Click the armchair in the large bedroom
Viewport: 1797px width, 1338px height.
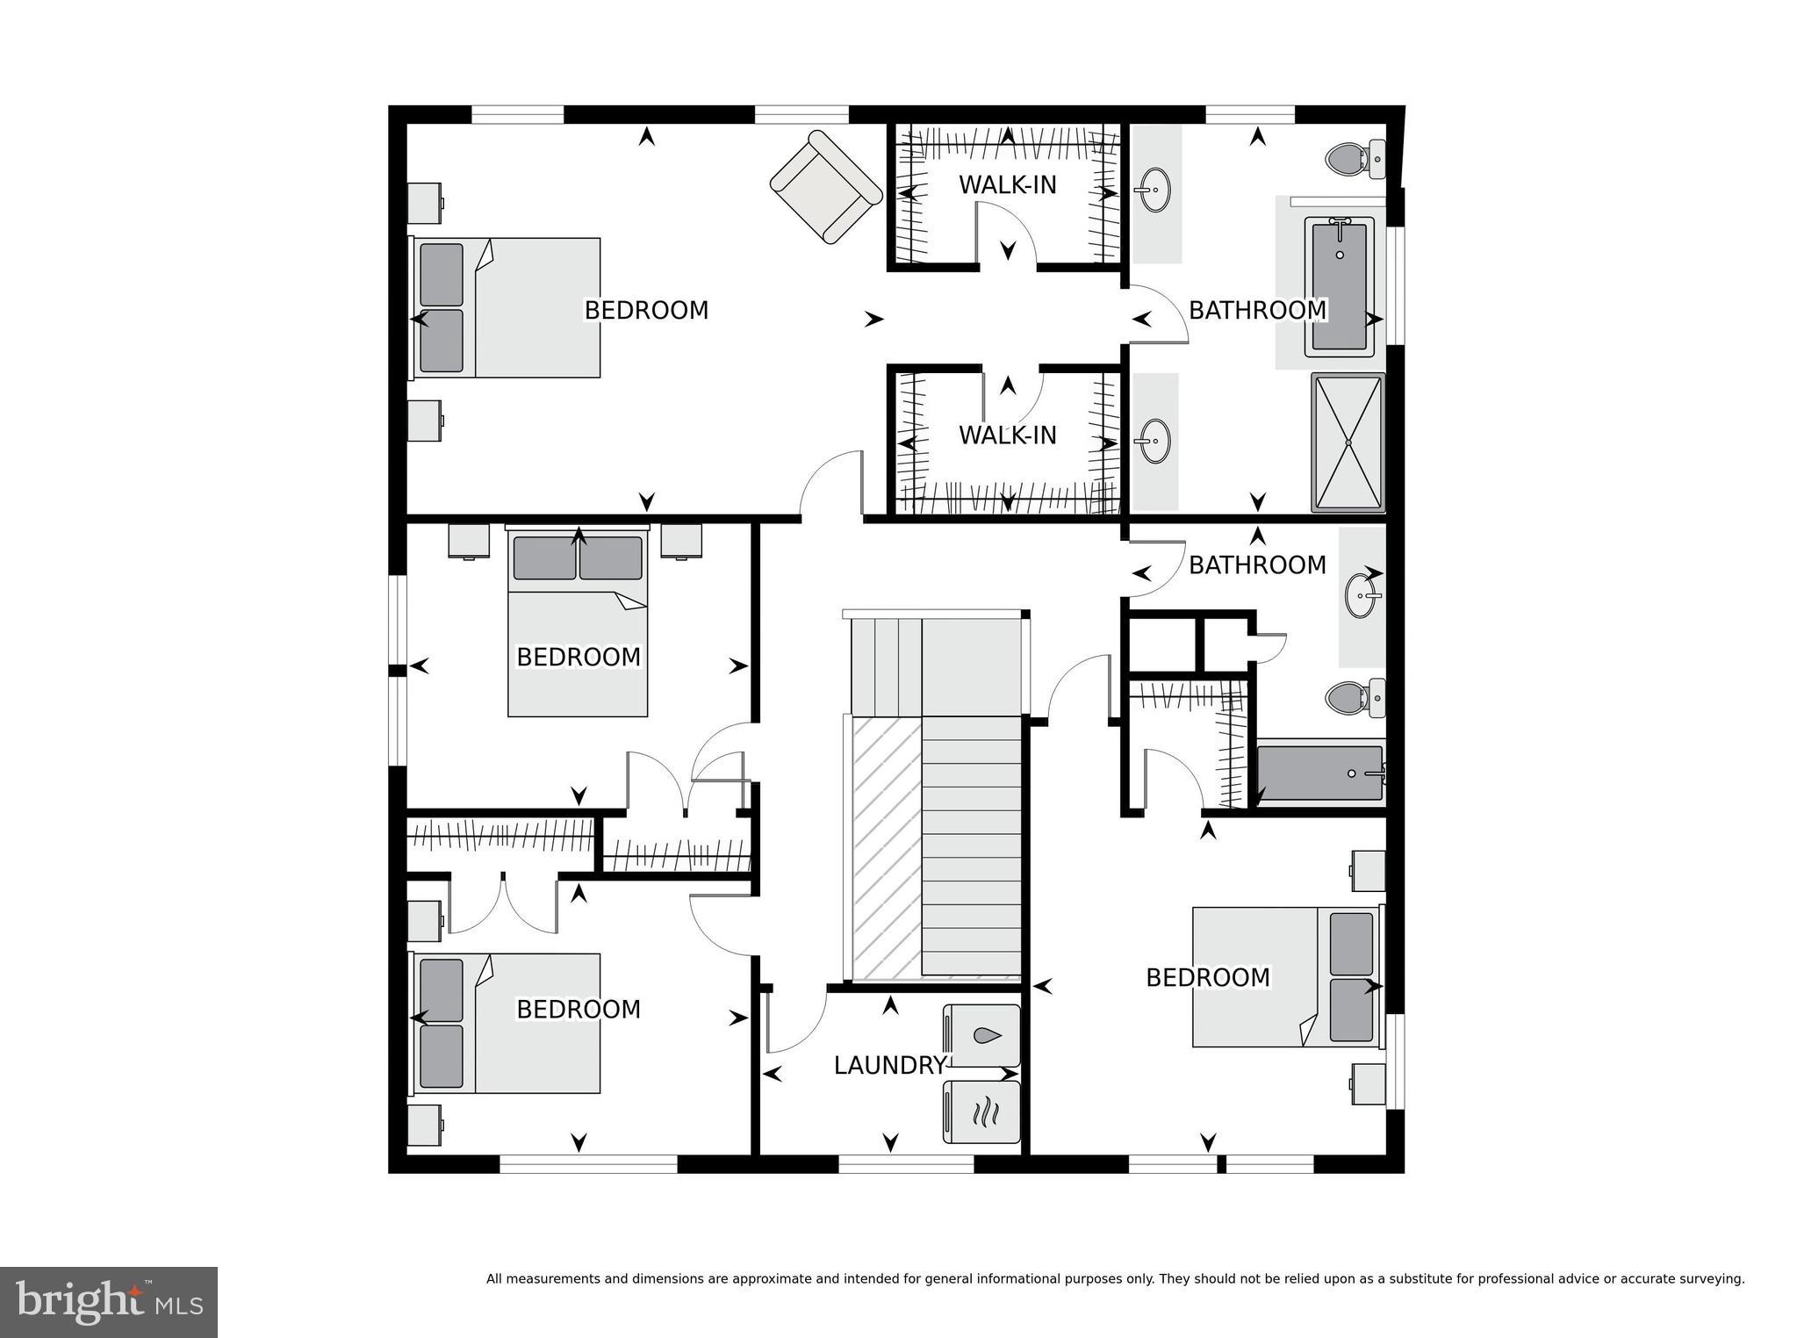coord(826,187)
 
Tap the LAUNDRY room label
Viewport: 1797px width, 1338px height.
coord(888,1066)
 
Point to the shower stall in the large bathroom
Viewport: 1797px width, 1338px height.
coord(1347,442)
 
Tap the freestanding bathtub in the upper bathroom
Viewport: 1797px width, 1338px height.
coord(1339,287)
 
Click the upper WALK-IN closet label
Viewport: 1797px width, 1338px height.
coord(1007,185)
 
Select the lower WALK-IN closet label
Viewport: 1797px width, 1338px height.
coord(1007,435)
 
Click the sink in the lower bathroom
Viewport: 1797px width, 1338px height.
coord(1362,595)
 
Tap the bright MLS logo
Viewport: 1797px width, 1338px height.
coord(109,1302)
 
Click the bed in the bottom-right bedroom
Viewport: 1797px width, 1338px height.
coord(1285,977)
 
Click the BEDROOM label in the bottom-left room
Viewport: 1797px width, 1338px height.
coord(578,1010)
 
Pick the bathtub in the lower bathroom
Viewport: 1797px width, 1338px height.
coord(1319,773)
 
